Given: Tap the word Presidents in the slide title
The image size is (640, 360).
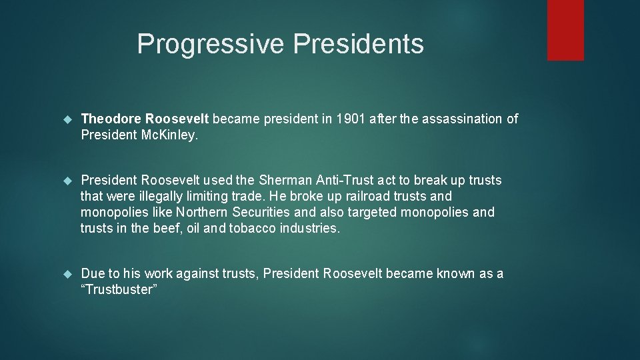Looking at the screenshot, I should [358, 44].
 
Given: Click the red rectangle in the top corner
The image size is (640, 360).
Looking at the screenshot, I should [565, 30].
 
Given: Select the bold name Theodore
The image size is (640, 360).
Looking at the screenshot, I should [110, 119].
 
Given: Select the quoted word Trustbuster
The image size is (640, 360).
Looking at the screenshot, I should [119, 290].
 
